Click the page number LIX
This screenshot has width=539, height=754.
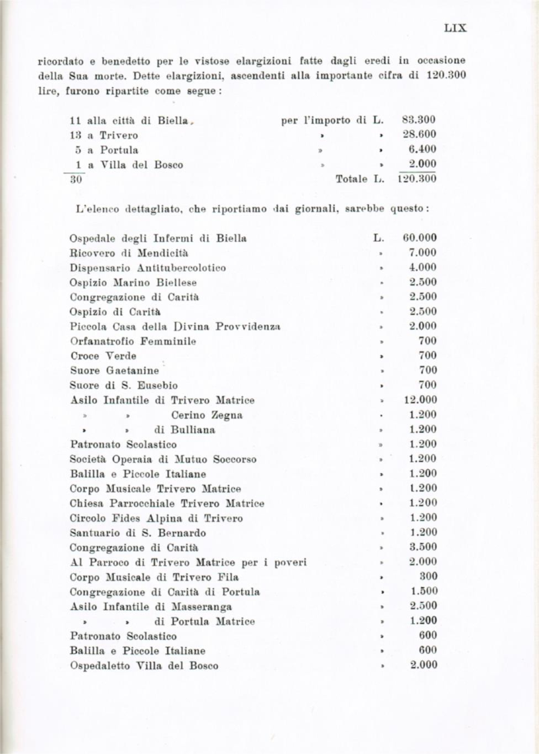tap(455, 28)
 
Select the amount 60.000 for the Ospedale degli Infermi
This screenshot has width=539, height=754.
tap(420, 238)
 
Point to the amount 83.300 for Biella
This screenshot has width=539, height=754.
tap(419, 120)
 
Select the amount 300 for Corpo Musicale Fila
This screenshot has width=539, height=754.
tap(427, 577)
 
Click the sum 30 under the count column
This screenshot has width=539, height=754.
tap(75, 179)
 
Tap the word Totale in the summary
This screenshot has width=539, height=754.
tap(352, 179)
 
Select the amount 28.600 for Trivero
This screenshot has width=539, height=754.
tap(419, 135)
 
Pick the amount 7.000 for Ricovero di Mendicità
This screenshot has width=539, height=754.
tap(423, 253)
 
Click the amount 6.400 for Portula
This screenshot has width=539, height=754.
tap(422, 149)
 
